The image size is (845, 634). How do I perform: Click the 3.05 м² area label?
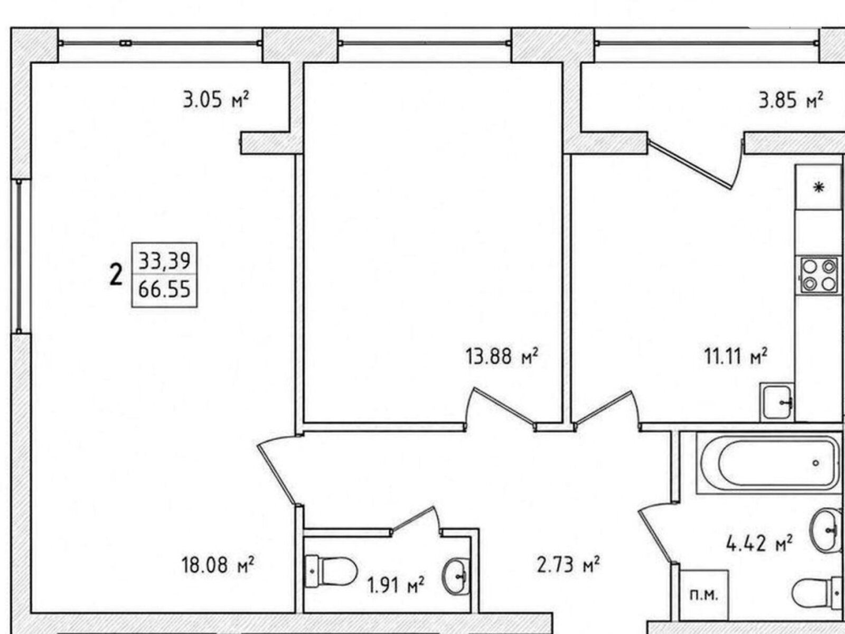click(x=215, y=100)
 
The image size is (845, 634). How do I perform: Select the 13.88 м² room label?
click(x=502, y=356)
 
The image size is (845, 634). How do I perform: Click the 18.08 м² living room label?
click(x=218, y=565)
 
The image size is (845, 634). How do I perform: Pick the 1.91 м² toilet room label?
click(x=396, y=585)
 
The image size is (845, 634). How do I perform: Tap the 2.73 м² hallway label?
click(x=568, y=565)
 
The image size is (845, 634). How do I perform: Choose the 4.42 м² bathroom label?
click(x=759, y=543)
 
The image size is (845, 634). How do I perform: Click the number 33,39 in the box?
click(x=164, y=260)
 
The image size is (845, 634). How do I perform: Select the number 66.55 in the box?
click(x=164, y=288)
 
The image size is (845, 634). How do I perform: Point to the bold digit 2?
click(x=116, y=275)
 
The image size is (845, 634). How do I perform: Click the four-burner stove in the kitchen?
click(x=819, y=275)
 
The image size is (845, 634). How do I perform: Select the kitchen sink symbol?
click(x=776, y=402)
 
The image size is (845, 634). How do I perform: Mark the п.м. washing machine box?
click(x=703, y=595)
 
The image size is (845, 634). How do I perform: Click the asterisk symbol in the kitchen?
click(x=819, y=188)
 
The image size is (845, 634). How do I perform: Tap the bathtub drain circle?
click(x=816, y=463)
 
